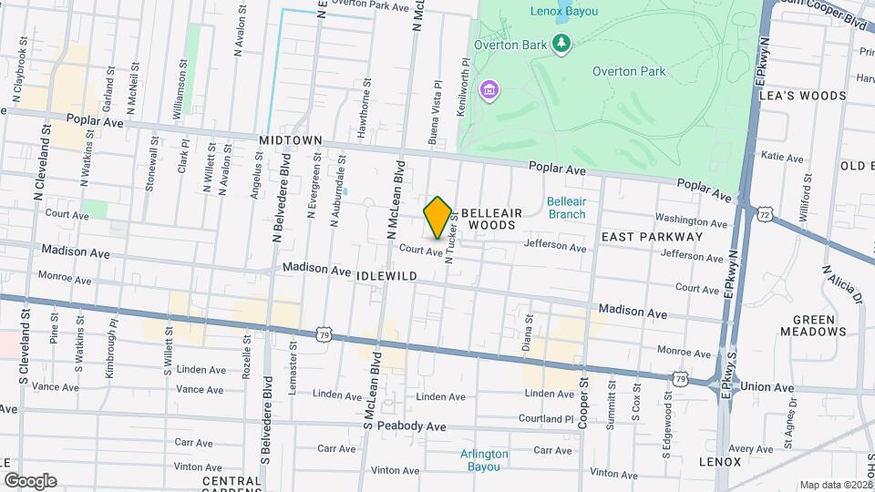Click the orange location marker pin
click(x=437, y=217)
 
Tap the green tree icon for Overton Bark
click(x=562, y=43)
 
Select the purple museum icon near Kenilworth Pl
click(x=489, y=89)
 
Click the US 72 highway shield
click(x=763, y=212)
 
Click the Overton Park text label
click(x=629, y=71)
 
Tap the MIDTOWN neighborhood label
click(x=291, y=140)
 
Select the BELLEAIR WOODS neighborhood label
click(x=489, y=218)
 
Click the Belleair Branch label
click(x=566, y=208)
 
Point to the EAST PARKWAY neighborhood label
click(x=652, y=236)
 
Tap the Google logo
click(x=30, y=481)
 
